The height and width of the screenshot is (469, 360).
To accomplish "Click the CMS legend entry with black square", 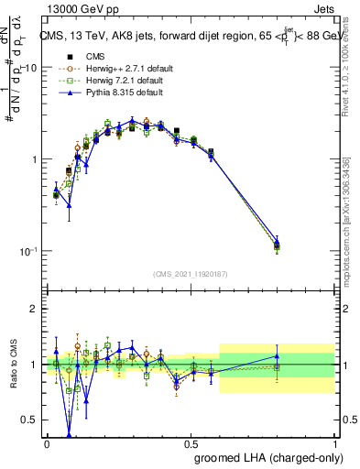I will [x=88, y=56].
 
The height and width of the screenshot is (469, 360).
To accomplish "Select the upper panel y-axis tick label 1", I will [x=35, y=159].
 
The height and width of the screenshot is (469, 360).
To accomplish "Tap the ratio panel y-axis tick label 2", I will [x=35, y=309].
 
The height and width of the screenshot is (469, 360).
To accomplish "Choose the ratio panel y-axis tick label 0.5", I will [x=29, y=420].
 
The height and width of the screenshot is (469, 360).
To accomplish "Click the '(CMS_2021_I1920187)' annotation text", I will [x=191, y=273].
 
